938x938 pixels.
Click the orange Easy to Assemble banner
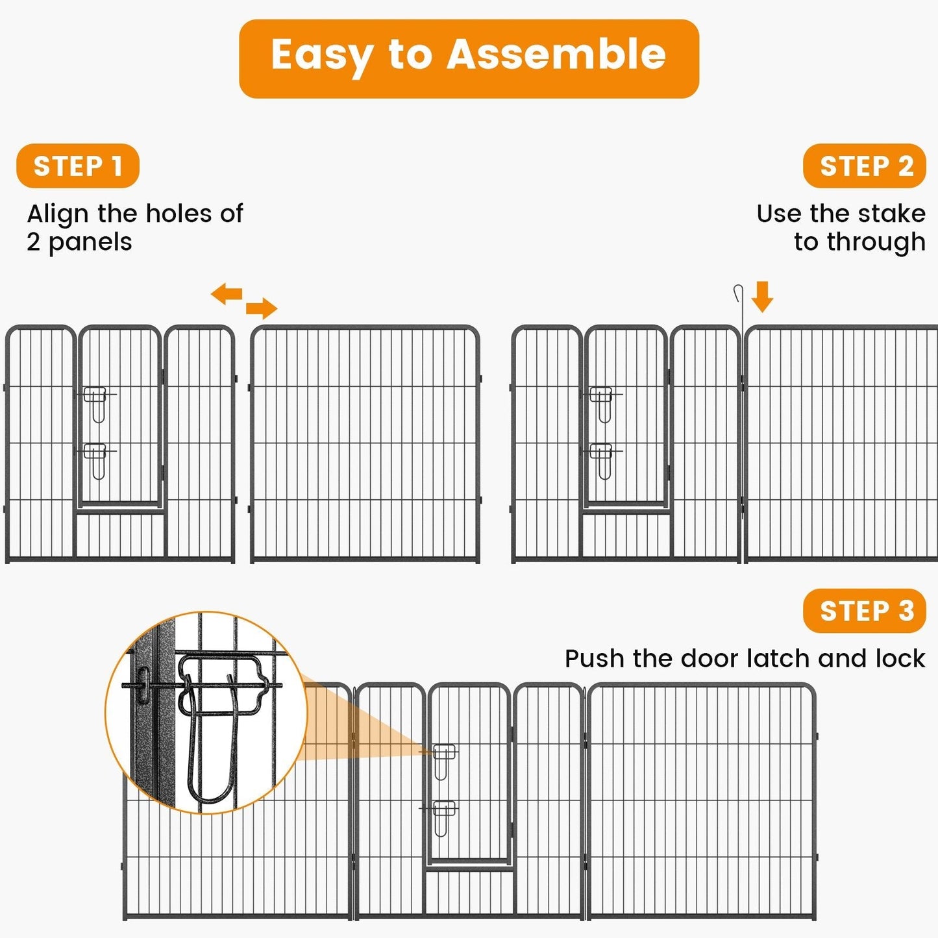click(469, 58)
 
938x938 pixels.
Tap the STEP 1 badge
click(78, 166)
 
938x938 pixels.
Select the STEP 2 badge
click(864, 166)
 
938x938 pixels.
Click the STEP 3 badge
click(864, 611)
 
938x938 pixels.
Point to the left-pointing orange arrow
click(227, 294)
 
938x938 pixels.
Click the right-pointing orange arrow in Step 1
click(262, 308)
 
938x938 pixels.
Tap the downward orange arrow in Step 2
click(762, 297)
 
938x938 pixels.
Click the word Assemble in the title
click(556, 55)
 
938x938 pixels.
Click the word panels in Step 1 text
click(90, 242)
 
